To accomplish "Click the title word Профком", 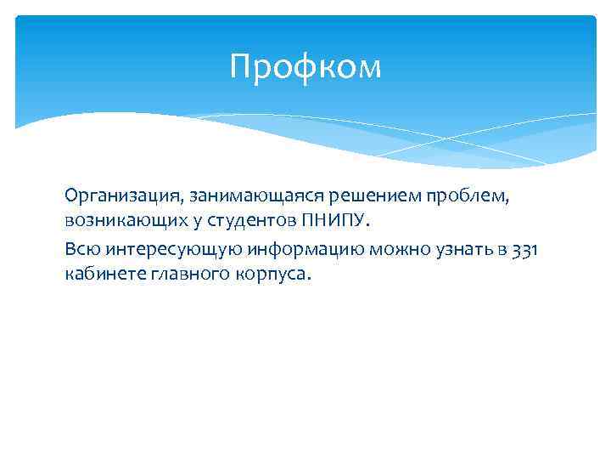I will (305, 66).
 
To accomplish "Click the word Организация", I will (109, 196).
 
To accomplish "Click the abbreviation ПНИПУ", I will (334, 222).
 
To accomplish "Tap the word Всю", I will (79, 248).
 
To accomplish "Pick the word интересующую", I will (153, 248).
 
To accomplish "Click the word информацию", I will (263, 248).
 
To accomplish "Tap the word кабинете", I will (101, 274).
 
